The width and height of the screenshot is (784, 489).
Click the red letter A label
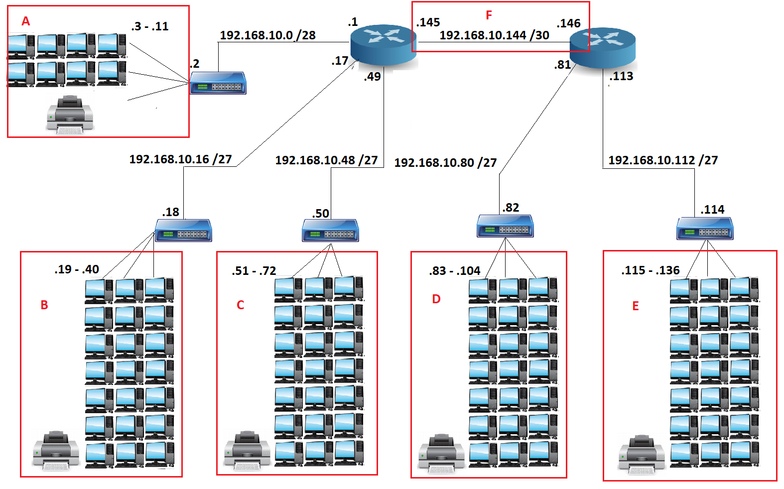tap(26, 21)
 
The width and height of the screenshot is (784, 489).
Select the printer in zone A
tap(70, 115)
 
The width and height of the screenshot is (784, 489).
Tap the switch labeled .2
tap(218, 83)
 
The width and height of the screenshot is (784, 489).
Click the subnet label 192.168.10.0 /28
tap(267, 35)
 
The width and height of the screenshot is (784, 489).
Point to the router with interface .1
tap(384, 45)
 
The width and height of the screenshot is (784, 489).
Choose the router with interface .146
tap(603, 47)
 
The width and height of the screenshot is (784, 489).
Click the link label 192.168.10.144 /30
tap(494, 35)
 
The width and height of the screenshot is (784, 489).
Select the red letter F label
tap(489, 15)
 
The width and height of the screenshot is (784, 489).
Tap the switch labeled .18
tap(183, 230)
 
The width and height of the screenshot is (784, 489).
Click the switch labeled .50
tap(330, 231)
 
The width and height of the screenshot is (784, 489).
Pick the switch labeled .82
tap(505, 226)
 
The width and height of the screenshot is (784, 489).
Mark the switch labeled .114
tap(705, 229)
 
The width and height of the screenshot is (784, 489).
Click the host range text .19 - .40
tap(77, 269)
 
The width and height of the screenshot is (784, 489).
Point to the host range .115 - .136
tap(650, 270)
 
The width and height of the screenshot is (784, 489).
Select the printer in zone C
tap(247, 451)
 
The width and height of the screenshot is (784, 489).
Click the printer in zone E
tap(641, 454)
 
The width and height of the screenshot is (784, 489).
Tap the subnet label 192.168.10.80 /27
tap(445, 163)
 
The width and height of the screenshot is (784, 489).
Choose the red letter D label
tap(436, 299)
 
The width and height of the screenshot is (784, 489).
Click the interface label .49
tap(372, 77)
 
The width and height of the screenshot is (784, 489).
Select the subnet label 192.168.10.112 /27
tap(663, 160)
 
